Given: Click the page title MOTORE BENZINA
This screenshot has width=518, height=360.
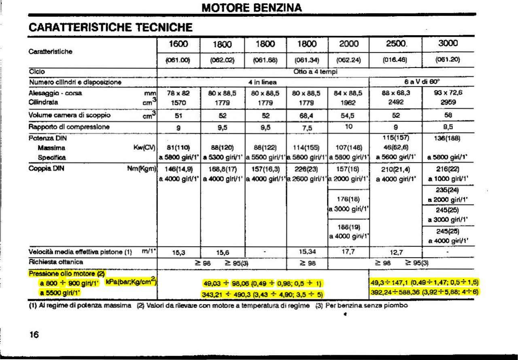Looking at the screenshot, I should click(251, 8).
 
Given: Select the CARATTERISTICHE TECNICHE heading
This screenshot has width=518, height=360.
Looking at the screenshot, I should click(110, 28).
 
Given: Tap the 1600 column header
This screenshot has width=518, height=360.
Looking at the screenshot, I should click(178, 44).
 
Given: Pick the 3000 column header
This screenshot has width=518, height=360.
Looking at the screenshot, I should click(448, 43).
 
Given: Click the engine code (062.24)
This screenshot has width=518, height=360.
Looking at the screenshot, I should click(348, 60).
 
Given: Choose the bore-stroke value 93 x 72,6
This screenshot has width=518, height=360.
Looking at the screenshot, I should click(448, 93).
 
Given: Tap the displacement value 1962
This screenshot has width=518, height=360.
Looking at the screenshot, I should click(348, 103).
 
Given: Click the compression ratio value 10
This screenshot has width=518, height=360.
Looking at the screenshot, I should click(348, 127).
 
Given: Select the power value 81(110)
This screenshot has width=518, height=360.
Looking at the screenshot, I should click(178, 148).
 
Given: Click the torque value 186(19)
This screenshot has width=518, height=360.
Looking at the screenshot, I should click(348, 227).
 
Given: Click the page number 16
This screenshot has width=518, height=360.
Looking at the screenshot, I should click(34, 334).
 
